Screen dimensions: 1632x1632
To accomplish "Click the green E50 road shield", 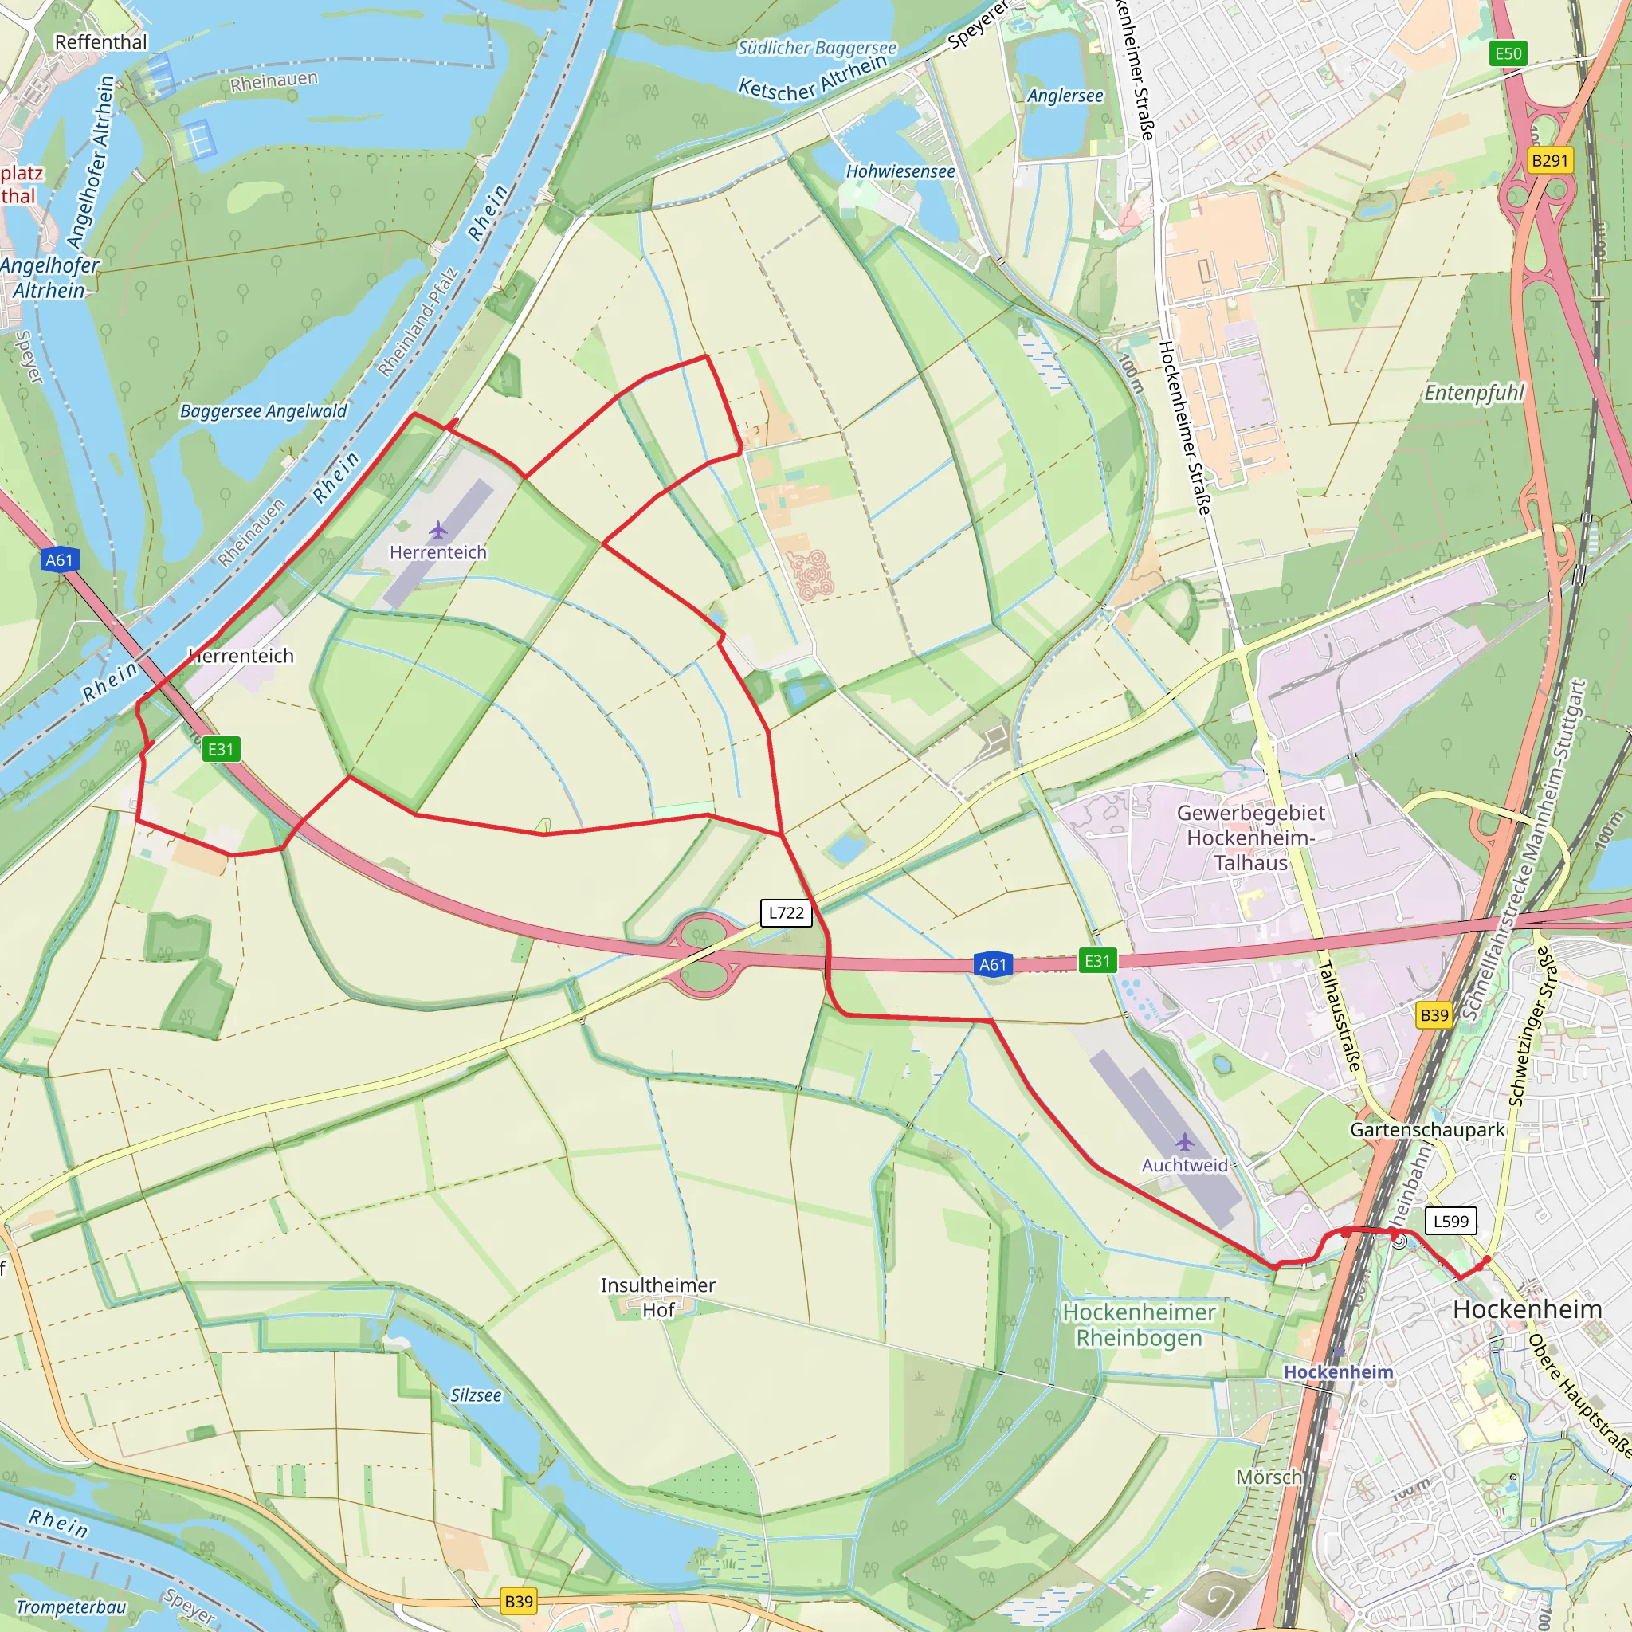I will click(x=1508, y=54).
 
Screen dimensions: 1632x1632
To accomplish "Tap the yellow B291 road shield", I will click(x=1549, y=160).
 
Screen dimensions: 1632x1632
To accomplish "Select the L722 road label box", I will click(x=786, y=912).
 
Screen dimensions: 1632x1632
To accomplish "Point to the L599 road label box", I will click(x=1450, y=1221).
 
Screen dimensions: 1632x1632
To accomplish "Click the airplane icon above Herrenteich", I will click(x=437, y=531).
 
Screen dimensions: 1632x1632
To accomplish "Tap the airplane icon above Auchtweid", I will click(x=1184, y=1143).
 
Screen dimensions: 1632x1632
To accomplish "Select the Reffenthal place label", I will click(x=100, y=42).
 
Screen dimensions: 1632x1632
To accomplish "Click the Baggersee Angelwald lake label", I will click(x=264, y=411).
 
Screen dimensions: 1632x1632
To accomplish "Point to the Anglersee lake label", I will click(x=1065, y=96).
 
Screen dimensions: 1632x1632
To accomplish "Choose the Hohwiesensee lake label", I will click(x=900, y=171).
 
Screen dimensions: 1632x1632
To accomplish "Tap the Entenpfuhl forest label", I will click(x=1474, y=393).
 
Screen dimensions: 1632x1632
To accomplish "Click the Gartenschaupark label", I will click(x=1427, y=1129).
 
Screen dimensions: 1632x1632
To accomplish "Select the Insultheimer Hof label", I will click(x=658, y=1297).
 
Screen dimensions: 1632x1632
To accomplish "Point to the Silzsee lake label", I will click(x=476, y=1395).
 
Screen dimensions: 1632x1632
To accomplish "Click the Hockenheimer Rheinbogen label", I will click(x=1139, y=1324).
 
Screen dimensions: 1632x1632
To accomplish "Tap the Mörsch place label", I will click(x=1269, y=1477).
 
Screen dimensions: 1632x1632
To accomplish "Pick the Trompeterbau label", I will click(x=71, y=1606).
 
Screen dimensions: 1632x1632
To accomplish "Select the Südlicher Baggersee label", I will click(x=816, y=47).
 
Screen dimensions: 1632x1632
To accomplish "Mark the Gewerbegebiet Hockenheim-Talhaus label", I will click(x=1250, y=838).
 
